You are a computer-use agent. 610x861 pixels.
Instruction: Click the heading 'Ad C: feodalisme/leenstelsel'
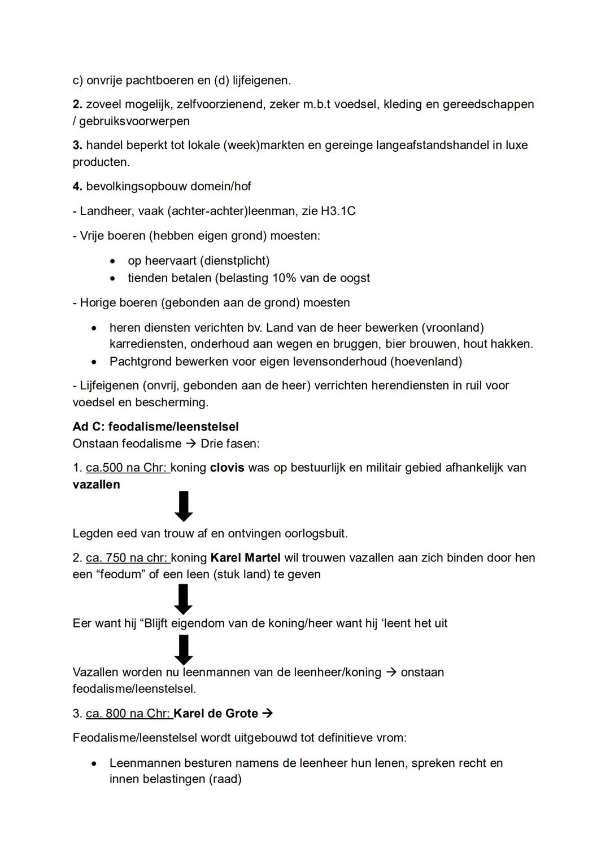(155, 427)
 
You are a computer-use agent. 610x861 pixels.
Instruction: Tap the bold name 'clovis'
(226, 468)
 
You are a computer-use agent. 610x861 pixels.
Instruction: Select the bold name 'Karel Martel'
(245, 558)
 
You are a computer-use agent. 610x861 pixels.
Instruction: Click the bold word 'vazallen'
(96, 485)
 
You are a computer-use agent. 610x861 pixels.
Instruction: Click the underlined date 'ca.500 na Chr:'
(128, 468)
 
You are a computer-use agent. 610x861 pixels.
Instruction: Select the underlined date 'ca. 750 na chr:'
(128, 558)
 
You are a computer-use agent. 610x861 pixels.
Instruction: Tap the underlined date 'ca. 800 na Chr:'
(129, 714)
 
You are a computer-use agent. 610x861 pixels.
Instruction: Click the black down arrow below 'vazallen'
(184, 506)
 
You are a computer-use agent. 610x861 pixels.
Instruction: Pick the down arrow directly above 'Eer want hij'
(183, 599)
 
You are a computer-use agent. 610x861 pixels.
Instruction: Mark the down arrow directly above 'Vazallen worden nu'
(183, 649)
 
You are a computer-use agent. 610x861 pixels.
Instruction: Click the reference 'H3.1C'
(338, 211)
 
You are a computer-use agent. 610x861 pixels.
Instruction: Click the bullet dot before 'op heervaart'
(114, 261)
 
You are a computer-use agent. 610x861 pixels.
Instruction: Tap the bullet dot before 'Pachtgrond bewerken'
(94, 362)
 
